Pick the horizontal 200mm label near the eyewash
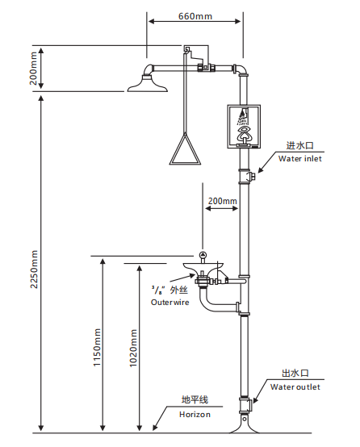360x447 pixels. (222, 201)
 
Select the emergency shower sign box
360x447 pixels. (244, 127)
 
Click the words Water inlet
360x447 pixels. (300, 158)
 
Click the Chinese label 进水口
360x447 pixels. (299, 146)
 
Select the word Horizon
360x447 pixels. (195, 413)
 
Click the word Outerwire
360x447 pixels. (169, 302)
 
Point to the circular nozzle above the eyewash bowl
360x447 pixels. (203, 256)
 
